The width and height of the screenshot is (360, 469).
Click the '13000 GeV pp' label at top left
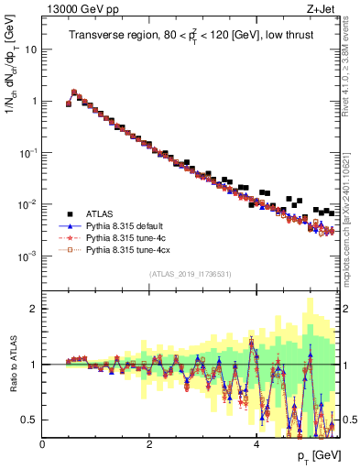point(75,9)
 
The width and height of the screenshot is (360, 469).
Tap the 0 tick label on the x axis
point(43,443)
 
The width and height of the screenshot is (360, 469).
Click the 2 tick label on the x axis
point(149,443)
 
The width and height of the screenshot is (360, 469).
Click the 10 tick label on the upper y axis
point(30,49)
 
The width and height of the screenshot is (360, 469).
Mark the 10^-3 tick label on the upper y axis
point(27,256)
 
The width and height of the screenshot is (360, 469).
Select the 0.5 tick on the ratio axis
point(28,420)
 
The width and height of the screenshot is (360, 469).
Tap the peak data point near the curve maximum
point(74,92)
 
